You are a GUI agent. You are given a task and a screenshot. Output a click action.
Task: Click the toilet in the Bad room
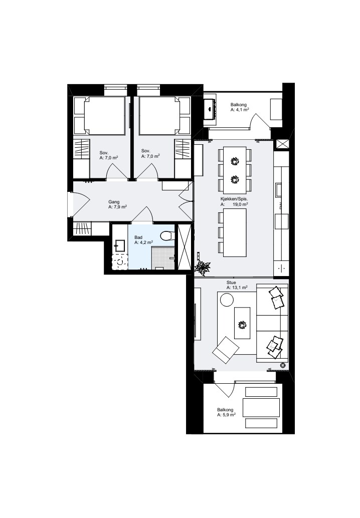coord(166,236)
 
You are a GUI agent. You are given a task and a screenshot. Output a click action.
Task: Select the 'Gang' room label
coord(114,202)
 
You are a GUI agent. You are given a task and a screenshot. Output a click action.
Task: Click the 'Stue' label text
coord(231,283)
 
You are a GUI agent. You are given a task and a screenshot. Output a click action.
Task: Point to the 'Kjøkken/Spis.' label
coord(234,199)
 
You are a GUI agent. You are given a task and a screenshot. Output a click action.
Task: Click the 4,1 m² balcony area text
coord(240,110)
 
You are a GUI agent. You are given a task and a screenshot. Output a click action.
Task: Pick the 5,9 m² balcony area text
coord(227,415)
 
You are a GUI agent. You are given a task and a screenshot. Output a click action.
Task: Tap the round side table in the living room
coord(227,300)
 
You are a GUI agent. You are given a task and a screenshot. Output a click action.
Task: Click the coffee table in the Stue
coord(242,323)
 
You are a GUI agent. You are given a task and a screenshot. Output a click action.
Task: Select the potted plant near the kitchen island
coord(203,267)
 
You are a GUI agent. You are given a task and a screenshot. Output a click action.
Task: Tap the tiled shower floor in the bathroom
coord(163,257)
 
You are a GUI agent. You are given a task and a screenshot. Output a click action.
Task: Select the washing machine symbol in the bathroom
coord(120,262)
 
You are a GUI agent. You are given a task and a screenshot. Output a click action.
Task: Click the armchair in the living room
coord(226,350)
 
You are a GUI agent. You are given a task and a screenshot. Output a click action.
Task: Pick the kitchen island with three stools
coord(235,232)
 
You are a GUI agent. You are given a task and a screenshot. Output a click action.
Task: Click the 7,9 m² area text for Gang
coord(118,207)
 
